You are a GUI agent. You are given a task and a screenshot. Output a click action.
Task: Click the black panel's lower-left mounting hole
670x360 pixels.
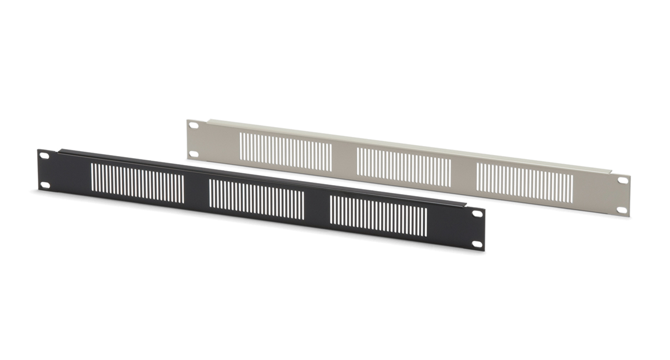pyautogui.click(x=45, y=185)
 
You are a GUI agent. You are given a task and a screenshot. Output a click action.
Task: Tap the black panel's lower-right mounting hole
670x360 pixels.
pyautogui.click(x=477, y=244)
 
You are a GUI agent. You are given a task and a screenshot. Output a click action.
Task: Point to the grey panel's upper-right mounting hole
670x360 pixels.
pyautogui.click(x=622, y=180)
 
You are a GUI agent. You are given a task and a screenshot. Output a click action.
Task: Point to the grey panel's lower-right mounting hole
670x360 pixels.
pyautogui.click(x=622, y=210)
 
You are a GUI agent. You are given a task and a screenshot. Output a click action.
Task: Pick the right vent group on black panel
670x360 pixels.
pyautogui.click(x=378, y=216)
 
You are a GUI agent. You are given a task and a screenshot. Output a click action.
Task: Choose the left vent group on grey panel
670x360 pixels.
pyautogui.click(x=286, y=152)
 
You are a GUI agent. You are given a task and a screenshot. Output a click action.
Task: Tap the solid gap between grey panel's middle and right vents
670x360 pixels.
pyautogui.click(x=463, y=175)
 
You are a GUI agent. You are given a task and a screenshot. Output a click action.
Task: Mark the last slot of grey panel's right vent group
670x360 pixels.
pyautogui.click(x=572, y=189)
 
